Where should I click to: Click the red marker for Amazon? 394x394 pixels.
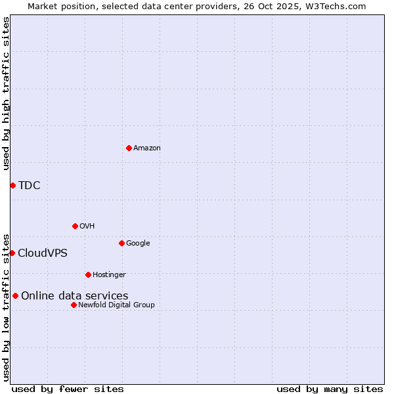[129, 148]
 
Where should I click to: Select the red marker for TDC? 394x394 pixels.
[12, 185]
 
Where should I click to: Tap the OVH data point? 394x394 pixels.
[75, 226]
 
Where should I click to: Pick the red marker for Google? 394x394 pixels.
[121, 243]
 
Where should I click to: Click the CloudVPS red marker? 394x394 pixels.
[12, 253]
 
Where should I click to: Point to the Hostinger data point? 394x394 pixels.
[88, 274]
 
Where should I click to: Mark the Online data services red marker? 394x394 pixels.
[15, 295]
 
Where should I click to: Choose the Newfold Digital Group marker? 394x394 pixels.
[74, 305]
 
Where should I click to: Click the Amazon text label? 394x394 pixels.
[147, 148]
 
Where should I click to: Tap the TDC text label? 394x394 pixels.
[30, 186]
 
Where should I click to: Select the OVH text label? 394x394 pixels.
[87, 227]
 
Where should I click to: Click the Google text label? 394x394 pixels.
[138, 244]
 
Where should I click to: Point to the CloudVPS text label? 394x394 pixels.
[43, 253]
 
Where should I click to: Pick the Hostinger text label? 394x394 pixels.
[109, 275]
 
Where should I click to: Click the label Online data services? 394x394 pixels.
[75, 296]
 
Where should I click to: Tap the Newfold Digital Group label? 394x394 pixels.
[116, 305]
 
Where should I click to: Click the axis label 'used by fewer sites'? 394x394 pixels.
[68, 389]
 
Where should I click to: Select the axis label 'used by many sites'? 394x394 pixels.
[330, 389]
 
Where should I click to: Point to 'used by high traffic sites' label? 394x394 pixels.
[7, 93]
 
